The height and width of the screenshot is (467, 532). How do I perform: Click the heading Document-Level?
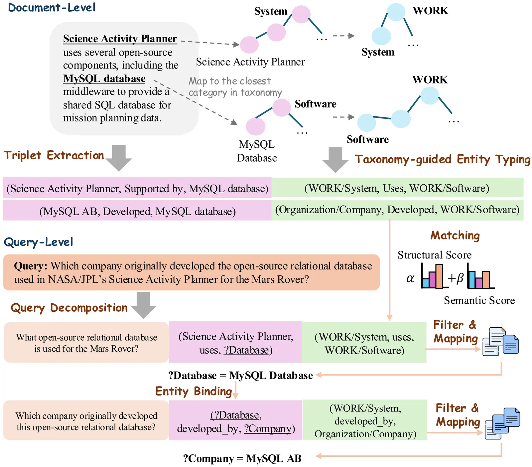[52, 7]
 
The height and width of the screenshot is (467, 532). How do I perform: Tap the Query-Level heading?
[38, 242]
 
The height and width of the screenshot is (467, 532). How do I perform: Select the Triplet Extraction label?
[54, 155]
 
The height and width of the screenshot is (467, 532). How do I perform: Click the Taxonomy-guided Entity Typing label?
[442, 159]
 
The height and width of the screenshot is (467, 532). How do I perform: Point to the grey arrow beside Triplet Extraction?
[119, 158]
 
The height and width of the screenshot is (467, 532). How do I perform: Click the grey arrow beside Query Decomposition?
[143, 305]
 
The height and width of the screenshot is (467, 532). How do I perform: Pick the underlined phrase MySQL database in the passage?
[104, 78]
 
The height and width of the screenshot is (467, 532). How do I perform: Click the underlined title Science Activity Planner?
[120, 39]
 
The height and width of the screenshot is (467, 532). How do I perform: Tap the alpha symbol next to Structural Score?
[410, 278]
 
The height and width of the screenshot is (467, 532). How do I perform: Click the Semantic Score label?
[479, 300]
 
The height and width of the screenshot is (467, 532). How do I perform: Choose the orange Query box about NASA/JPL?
[191, 272]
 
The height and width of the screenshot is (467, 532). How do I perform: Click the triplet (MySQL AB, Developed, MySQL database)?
[137, 212]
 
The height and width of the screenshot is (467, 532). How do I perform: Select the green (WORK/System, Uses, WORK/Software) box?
[397, 188]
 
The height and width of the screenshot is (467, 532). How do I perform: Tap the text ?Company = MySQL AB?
[242, 458]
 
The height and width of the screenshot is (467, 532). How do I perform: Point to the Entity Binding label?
[194, 391]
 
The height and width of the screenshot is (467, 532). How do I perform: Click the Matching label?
[455, 235]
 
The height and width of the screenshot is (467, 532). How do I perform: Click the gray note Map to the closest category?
[235, 87]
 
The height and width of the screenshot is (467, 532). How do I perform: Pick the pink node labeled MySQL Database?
[255, 126]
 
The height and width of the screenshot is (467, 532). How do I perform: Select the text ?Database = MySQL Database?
[240, 376]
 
